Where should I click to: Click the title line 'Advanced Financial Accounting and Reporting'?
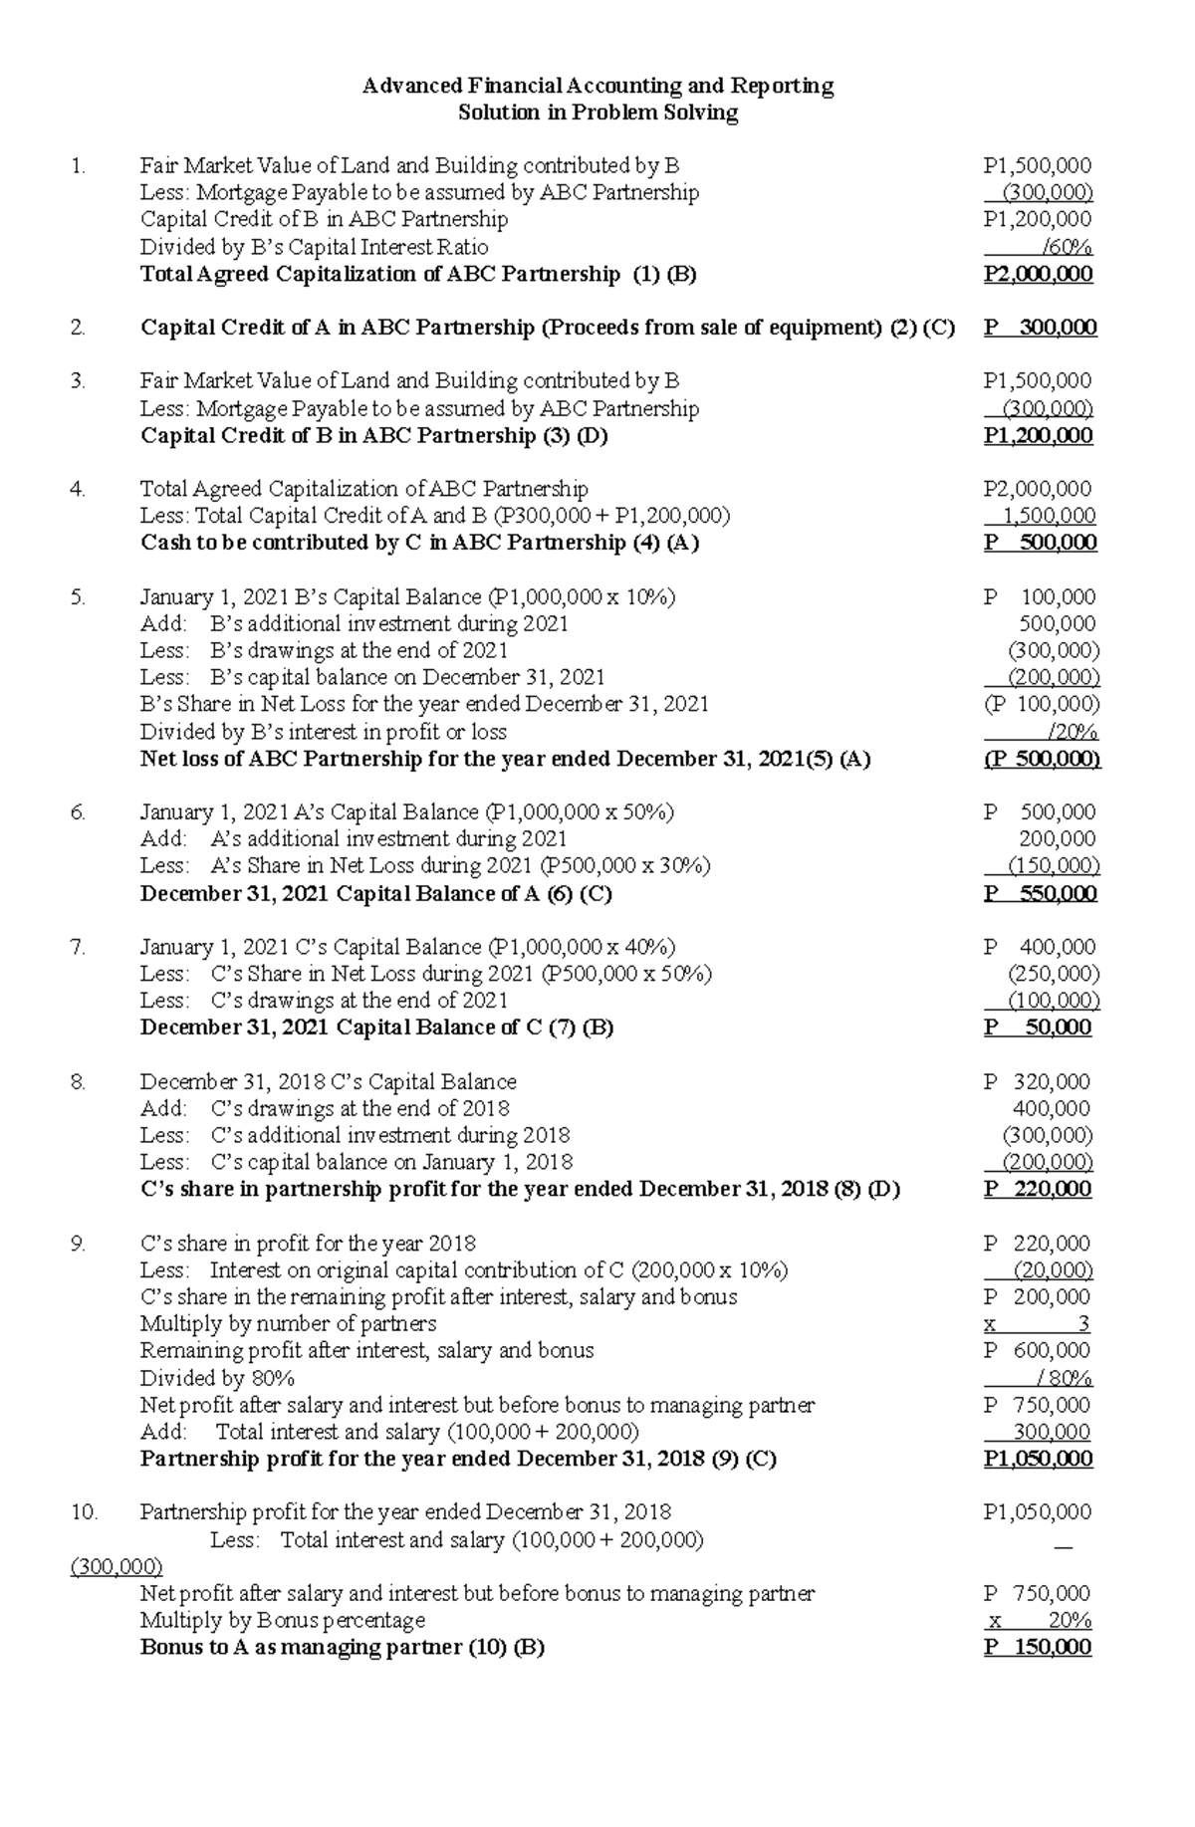click(597, 86)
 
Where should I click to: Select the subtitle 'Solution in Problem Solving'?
click(597, 113)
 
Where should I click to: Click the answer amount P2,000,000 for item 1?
click(1037, 274)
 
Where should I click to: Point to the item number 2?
click(78, 328)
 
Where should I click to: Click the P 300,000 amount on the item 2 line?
click(1040, 328)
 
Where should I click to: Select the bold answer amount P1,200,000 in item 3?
click(1037, 435)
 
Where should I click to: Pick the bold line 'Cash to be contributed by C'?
click(419, 543)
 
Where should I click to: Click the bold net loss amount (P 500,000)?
click(1041, 759)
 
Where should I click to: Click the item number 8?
click(78, 1081)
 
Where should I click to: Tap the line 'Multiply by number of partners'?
click(288, 1323)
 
